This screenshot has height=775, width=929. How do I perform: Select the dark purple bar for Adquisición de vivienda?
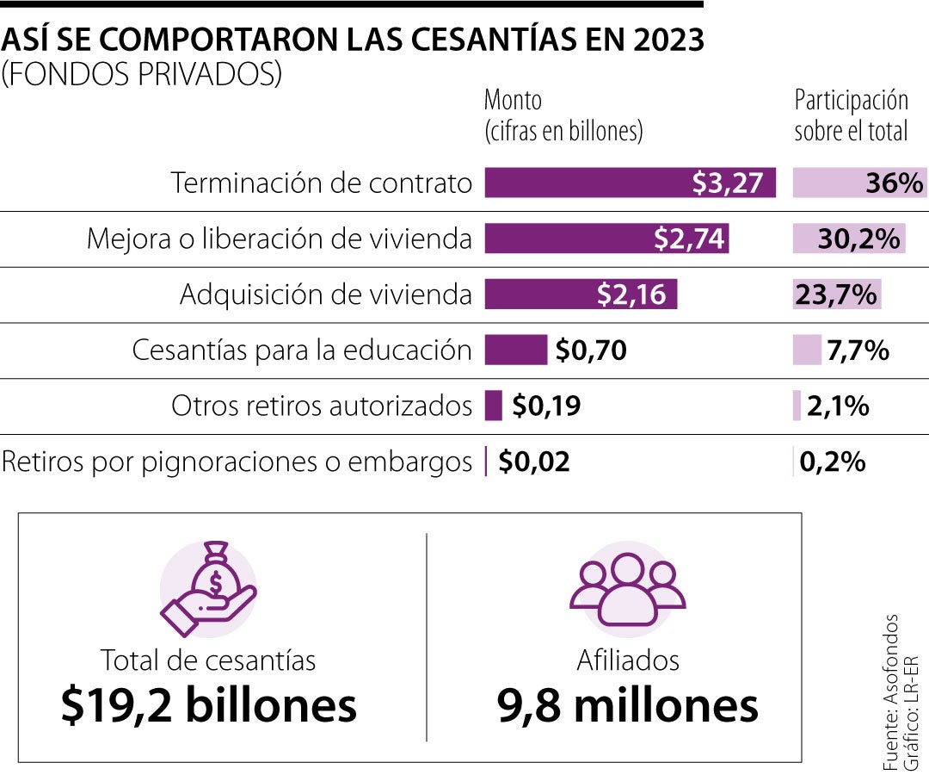click(581, 294)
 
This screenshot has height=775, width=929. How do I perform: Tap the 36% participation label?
click(895, 183)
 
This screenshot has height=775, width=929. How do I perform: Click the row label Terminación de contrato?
click(322, 183)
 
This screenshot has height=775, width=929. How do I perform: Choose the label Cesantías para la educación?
click(302, 350)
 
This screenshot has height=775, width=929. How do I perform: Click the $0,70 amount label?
click(591, 350)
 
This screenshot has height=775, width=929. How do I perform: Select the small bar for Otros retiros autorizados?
click(493, 406)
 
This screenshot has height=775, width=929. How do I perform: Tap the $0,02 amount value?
click(534, 462)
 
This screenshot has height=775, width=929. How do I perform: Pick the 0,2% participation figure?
click(832, 462)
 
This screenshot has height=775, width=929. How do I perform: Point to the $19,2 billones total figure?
click(208, 706)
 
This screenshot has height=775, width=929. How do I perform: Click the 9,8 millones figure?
click(628, 706)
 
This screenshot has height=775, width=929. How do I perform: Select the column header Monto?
click(514, 100)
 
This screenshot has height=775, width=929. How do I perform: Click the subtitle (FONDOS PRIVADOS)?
click(142, 75)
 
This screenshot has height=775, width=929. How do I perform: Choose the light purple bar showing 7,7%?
click(807, 350)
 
